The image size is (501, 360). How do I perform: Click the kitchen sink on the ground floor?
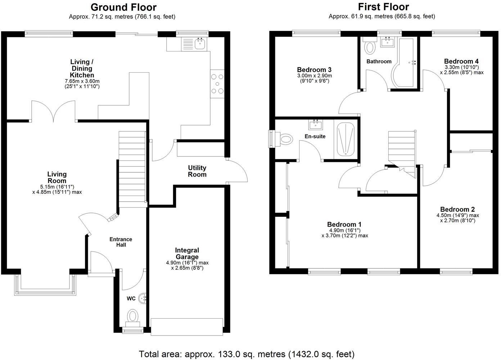(x=199, y=44)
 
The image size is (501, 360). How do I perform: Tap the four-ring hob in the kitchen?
(x=217, y=83)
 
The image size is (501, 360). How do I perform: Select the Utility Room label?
(x=197, y=171)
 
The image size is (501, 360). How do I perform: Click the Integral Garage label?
(x=187, y=254)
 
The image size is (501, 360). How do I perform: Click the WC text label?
(x=131, y=299)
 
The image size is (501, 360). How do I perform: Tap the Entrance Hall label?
(x=121, y=242)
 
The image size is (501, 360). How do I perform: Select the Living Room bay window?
(x=45, y=286)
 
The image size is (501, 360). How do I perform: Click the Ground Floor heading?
(x=123, y=7)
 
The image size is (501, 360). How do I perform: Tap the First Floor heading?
(x=383, y=7)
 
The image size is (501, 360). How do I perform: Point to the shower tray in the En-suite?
(x=346, y=140)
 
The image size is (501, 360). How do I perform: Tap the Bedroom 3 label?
(x=314, y=70)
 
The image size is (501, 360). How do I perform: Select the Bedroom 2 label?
(x=457, y=209)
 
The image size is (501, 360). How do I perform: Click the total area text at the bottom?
(x=247, y=354)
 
